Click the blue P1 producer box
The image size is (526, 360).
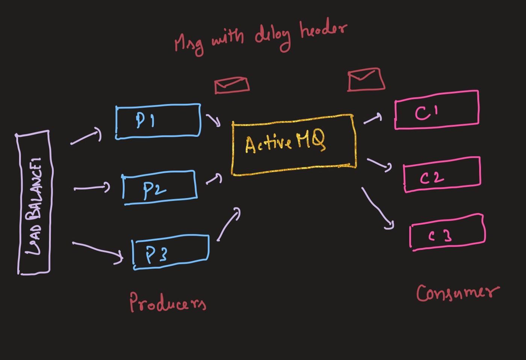tap(158, 121)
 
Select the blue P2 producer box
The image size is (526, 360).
tap(160, 188)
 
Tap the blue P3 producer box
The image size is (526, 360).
tap(171, 252)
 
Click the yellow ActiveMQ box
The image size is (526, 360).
tap(293, 145)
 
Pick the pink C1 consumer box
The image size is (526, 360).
tap(437, 110)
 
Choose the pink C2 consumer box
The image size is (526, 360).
tap(442, 175)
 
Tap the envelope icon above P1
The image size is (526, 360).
tap(231, 85)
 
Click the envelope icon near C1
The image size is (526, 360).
tap(366, 80)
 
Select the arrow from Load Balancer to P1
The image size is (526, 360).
tap(86, 136)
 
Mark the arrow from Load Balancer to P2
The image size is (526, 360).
tap(92, 188)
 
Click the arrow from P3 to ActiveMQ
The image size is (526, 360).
tap(228, 224)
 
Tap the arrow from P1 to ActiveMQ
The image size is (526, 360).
tap(213, 120)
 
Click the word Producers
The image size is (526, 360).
tap(168, 302)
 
